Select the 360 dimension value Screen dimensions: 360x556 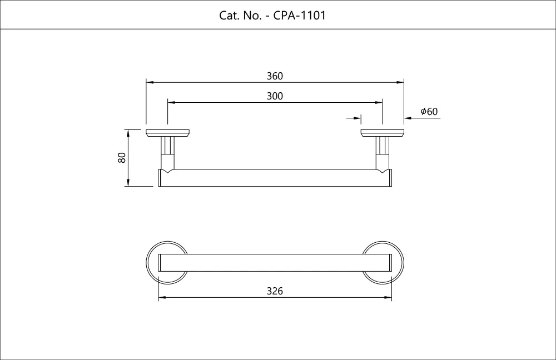[x=275, y=76]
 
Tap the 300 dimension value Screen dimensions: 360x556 [x=275, y=96]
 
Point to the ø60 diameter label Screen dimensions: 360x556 [x=429, y=112]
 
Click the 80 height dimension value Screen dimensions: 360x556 [x=122, y=158]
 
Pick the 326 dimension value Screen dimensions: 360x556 [x=275, y=291]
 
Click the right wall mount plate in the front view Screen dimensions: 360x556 [x=382, y=133]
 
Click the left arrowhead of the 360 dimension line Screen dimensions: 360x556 [x=150, y=82]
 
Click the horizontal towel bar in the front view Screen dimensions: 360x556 [x=275, y=178]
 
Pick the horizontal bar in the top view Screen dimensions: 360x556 [x=275, y=263]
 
